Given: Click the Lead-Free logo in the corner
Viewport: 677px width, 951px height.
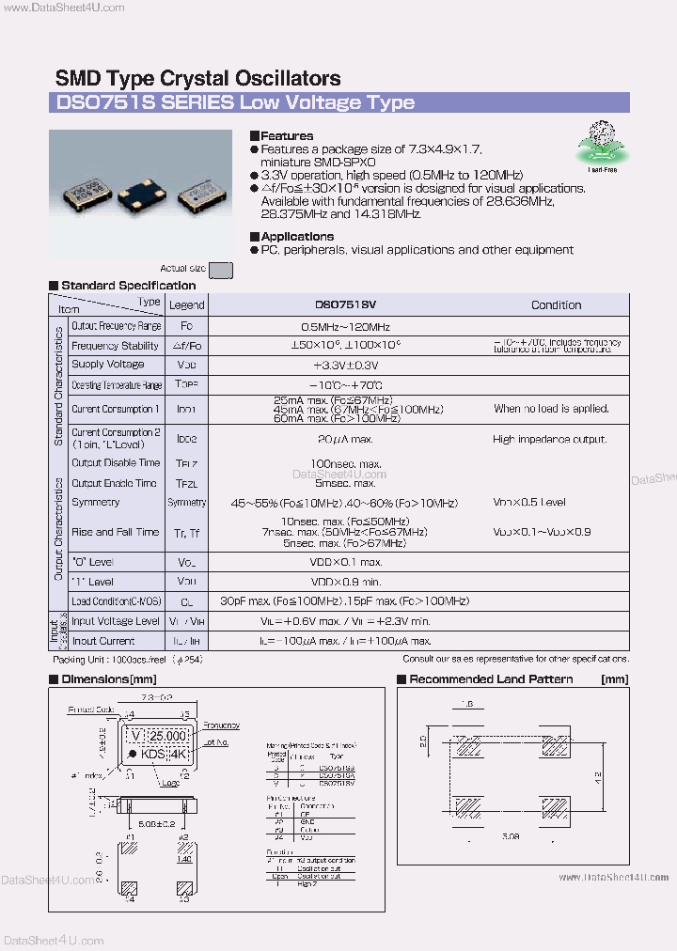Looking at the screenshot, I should pos(602,146).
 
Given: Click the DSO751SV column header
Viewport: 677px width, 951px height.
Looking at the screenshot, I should pos(344,304).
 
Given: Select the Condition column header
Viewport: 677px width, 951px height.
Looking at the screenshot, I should pos(556,304).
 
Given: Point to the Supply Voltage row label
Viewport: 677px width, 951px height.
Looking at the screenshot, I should pos(108,365).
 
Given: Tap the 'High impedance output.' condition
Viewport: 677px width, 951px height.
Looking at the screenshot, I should pos(549,439).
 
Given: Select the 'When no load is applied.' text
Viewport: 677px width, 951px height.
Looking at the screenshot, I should pos(551,409).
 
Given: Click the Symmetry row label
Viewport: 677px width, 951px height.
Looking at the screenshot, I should pos(96,502).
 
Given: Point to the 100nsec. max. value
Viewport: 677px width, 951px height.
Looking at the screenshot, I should pos(345,464).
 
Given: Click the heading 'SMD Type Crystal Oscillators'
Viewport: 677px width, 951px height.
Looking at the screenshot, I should pos(197,79).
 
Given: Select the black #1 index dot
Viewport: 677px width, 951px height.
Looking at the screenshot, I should pos(133,755).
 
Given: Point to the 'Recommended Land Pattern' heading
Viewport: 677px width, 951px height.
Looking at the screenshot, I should pos(491,678).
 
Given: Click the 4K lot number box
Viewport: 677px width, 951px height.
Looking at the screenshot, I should pos(180,755).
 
